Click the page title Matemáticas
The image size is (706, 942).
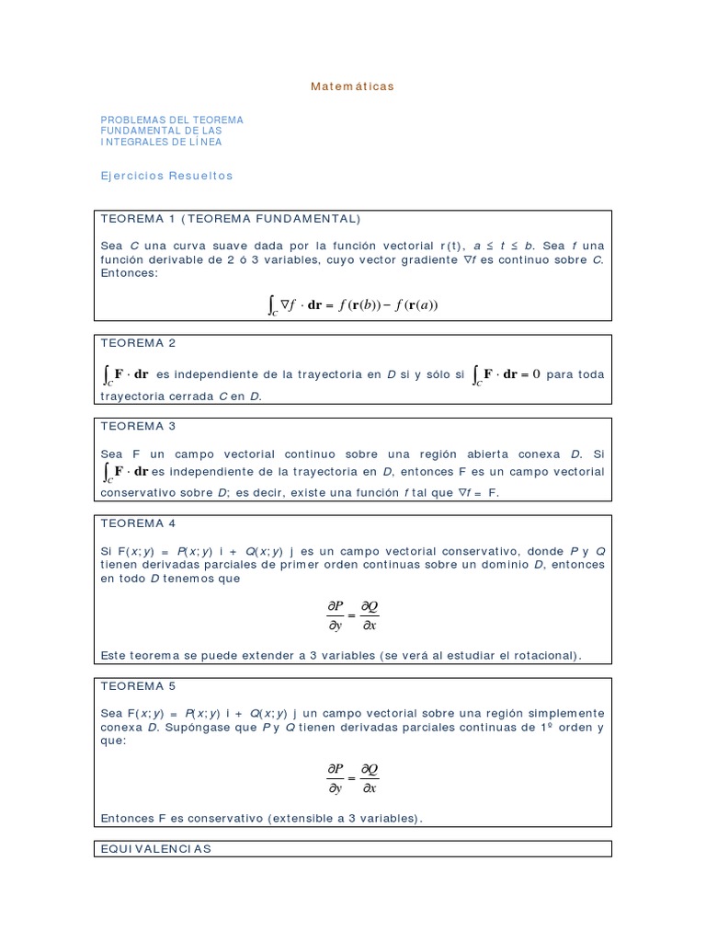[352, 86]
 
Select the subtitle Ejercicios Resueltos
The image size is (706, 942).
[166, 176]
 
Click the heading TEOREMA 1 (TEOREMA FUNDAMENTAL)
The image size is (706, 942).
[230, 219]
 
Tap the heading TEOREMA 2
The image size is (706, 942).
[138, 343]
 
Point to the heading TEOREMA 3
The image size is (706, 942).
[138, 426]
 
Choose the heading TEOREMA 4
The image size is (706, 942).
[138, 523]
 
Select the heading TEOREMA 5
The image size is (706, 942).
[138, 686]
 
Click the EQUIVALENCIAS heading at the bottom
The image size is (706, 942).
[155, 849]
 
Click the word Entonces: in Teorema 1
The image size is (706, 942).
[130, 274]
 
